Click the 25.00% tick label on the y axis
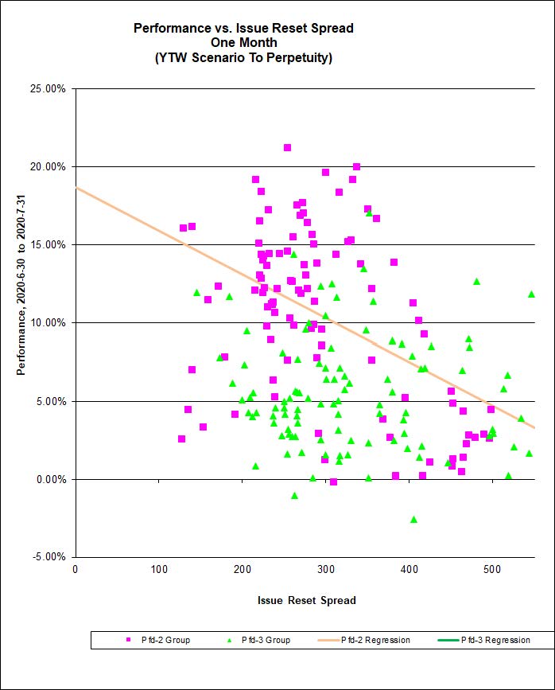point(49,88)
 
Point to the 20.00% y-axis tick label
point(49,166)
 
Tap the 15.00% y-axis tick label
point(49,244)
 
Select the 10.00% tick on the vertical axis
point(49,322)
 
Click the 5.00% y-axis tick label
point(52,401)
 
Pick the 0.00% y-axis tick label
point(52,479)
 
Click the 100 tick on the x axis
point(158,568)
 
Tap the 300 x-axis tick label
point(242,568)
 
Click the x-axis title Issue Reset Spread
point(306,600)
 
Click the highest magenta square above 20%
point(287,147)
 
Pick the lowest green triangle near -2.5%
point(413,519)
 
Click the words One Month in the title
point(243,43)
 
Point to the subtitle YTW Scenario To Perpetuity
point(243,57)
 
